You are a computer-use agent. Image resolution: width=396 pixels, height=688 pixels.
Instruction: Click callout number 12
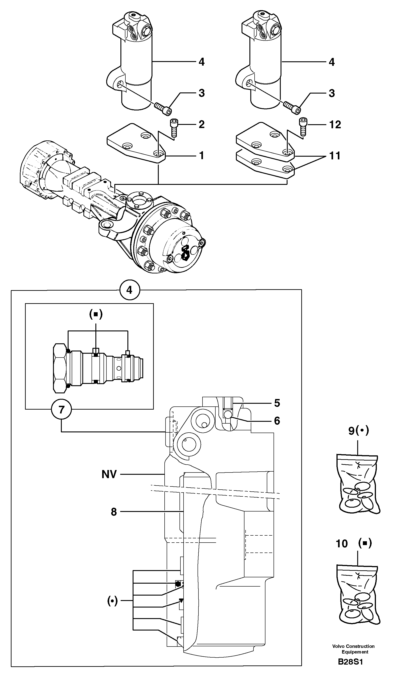click(x=335, y=125)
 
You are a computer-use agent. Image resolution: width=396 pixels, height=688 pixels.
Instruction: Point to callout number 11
click(x=335, y=156)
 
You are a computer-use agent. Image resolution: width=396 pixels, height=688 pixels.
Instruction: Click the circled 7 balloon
click(x=62, y=409)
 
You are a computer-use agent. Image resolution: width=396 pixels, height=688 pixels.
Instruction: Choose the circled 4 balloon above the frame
click(x=130, y=290)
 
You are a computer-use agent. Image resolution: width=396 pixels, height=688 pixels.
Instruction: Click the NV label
click(x=109, y=474)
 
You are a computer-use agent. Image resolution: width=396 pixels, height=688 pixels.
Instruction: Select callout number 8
click(x=114, y=512)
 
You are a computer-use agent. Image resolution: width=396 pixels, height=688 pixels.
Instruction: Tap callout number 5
click(x=277, y=403)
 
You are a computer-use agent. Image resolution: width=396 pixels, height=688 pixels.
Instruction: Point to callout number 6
click(x=277, y=421)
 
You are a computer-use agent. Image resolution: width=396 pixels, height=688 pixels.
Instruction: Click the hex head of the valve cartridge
click(x=60, y=368)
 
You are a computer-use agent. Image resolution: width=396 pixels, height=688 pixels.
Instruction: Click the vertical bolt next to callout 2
click(x=174, y=127)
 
